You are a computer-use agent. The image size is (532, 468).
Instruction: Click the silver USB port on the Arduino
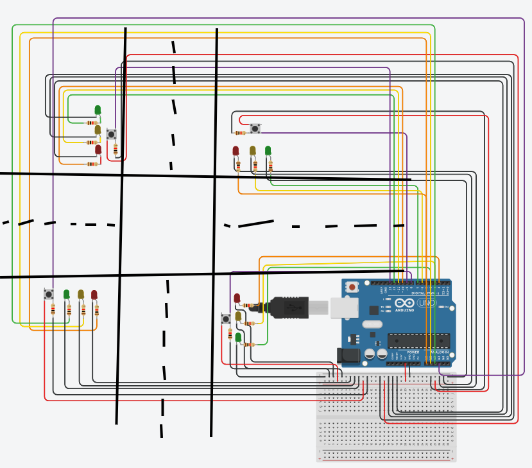pos(344,308)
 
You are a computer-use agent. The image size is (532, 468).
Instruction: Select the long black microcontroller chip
pos(418,341)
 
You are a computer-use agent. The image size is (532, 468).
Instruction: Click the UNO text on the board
pos(426,302)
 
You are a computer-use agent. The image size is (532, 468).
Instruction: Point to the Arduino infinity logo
pos(404,302)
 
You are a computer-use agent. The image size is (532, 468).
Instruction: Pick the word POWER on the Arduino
pos(413,352)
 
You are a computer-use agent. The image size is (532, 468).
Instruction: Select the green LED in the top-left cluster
pos(98,110)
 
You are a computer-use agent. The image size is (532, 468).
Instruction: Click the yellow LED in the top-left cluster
pos(98,130)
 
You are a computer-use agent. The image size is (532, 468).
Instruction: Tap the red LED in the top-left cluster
pos(98,150)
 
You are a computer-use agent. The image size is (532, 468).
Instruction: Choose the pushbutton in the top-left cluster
pos(111,134)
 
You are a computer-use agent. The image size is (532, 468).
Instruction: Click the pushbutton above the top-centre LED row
pos(255,128)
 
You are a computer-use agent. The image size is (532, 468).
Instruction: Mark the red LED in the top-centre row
pos(236,151)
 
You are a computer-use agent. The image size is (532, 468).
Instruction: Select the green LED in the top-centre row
pos(268,151)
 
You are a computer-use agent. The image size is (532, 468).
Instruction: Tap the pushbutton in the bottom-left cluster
pos(49,294)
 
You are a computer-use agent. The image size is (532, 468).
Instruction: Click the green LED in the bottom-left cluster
pos(66,294)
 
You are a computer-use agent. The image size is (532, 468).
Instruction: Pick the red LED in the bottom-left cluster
pos(94,295)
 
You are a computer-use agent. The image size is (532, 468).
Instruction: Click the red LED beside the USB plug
pos(237,298)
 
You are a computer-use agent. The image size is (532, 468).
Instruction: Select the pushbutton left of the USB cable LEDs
pos(226,318)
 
